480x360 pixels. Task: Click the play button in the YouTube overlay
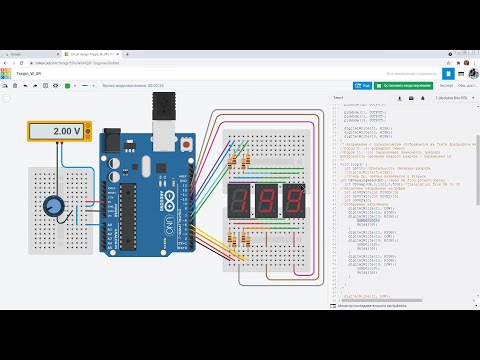pyautogui.click(x=240, y=180)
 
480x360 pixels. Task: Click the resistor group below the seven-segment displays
pyautogui.click(x=240, y=240)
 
